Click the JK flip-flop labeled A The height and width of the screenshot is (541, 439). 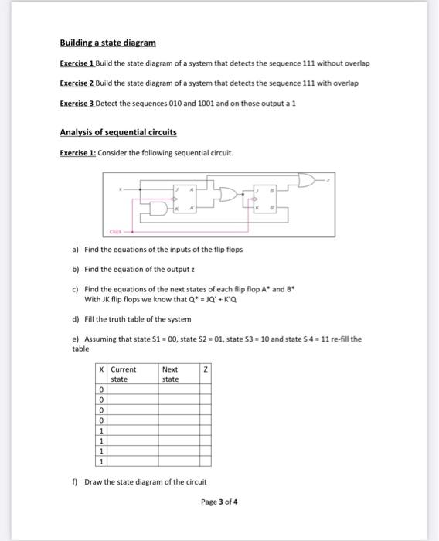185,199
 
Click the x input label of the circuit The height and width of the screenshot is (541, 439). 120,187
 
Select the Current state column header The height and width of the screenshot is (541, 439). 124,375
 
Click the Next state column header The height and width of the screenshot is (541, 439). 171,375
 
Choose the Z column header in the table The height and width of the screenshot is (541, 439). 205,370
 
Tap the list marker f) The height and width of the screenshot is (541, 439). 75,481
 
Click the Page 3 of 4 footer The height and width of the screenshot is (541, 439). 219,501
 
